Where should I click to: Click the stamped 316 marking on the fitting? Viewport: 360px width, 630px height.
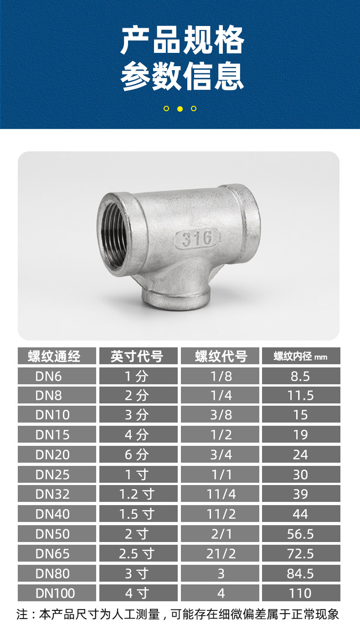click(196, 238)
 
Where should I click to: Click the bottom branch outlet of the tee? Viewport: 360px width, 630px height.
click(176, 299)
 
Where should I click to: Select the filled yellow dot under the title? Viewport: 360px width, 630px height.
click(180, 108)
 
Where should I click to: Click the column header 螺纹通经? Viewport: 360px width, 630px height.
click(54, 356)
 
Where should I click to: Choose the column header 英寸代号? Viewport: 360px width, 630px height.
click(137, 356)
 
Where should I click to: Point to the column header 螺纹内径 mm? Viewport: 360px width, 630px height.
click(300, 356)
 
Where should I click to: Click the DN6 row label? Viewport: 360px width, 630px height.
click(48, 376)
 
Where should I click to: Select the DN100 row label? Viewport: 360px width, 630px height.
click(55, 593)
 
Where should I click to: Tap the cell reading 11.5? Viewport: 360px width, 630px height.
click(300, 395)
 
